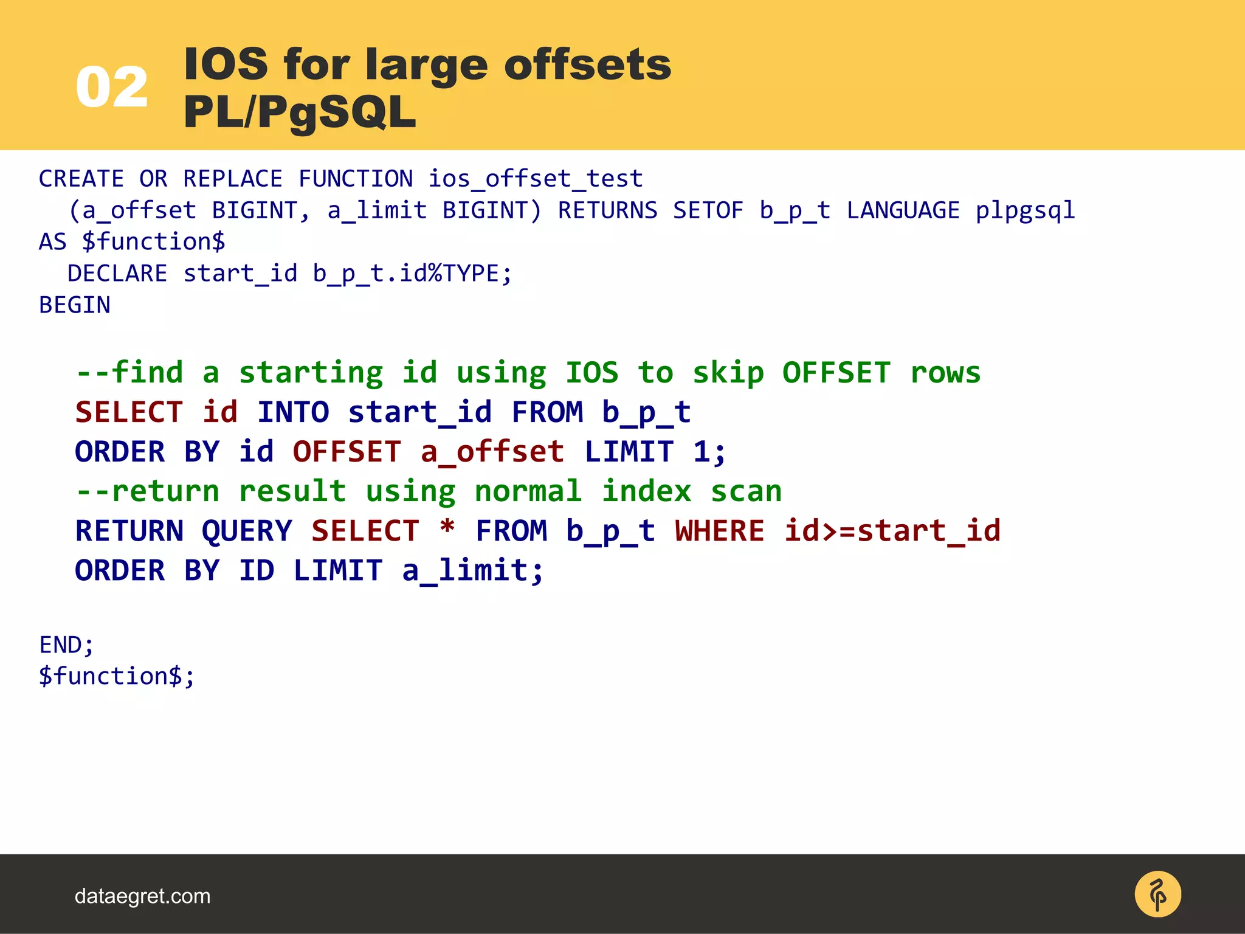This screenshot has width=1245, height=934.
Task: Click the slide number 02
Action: coord(112,88)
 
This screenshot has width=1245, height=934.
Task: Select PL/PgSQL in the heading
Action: coord(300,112)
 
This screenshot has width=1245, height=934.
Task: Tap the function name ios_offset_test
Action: coord(535,179)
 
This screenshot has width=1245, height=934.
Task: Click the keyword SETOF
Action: coord(708,210)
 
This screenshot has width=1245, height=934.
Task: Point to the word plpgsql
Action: coord(1025,210)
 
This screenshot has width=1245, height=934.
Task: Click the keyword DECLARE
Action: coord(117,274)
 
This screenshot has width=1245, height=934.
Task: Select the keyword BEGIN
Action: coord(75,305)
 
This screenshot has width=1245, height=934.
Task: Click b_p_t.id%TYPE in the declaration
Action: coord(412,274)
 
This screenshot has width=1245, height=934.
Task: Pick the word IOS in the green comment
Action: coord(591,372)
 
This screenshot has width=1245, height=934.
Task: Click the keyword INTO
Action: coord(293,412)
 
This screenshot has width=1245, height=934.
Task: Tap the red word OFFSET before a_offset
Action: coord(347,452)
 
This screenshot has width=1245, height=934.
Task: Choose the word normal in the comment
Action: coord(528,491)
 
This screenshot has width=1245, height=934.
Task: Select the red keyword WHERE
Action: coord(719,531)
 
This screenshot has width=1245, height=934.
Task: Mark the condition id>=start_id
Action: coord(892,531)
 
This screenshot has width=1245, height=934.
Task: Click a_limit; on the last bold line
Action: coord(472,570)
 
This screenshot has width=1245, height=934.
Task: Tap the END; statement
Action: coord(67,645)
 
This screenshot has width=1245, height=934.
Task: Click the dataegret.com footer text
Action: coord(142,896)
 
